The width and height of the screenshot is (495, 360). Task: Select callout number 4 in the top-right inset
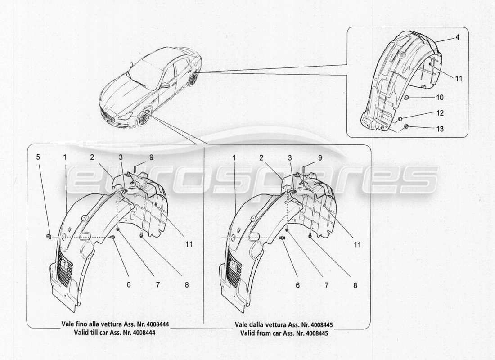(x=457, y=38)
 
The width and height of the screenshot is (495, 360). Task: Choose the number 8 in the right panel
(x=355, y=285)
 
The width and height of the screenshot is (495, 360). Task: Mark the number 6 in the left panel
(x=128, y=285)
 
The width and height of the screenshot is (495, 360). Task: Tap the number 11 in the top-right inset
(x=458, y=78)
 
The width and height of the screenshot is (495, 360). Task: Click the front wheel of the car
(x=144, y=118)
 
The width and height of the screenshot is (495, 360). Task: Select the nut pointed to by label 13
(x=406, y=127)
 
